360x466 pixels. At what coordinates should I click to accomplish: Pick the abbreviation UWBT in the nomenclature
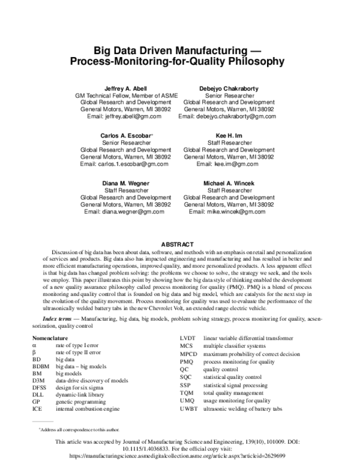coord(189,408)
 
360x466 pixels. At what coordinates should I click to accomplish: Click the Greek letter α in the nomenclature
coord(34,346)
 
